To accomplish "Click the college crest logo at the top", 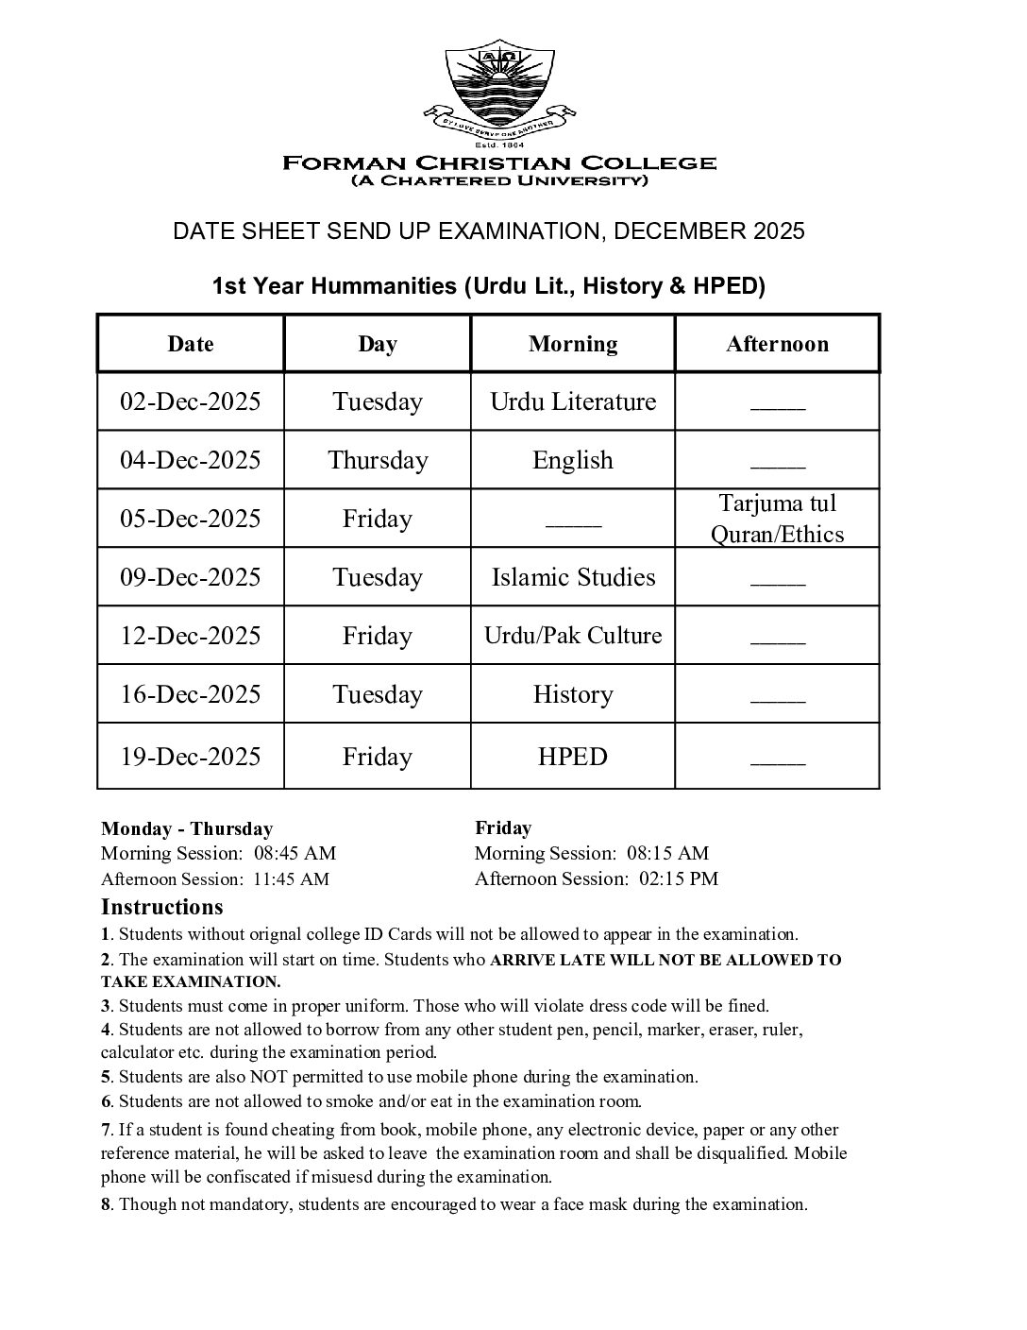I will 499,90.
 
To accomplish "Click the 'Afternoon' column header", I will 777,344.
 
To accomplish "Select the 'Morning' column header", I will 573,344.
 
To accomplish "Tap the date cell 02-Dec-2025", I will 190,401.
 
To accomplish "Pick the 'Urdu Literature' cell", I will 573,401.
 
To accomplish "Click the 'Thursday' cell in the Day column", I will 378,460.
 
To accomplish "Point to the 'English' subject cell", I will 573,460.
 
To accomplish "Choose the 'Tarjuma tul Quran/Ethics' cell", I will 777,519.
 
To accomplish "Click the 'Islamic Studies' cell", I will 573,577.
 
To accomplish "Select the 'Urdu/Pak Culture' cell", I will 573,636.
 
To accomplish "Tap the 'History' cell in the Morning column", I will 573,694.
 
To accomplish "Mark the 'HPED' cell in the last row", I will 573,757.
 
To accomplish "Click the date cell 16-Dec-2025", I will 190,694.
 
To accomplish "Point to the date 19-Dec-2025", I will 190,757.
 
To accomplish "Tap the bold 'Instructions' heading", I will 162,908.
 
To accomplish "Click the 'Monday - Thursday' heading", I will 187,829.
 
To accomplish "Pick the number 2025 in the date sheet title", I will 779,231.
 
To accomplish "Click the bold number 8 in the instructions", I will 107,1204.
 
